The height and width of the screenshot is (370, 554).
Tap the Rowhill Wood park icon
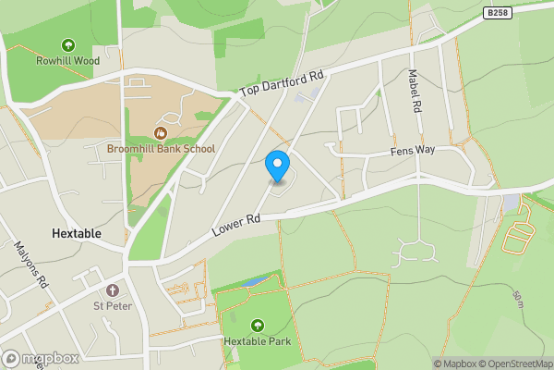67,45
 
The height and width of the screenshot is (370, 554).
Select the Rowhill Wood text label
67,62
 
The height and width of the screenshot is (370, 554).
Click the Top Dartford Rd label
282,85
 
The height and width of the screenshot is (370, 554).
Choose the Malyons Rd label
30,265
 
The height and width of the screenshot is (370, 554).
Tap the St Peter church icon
113,290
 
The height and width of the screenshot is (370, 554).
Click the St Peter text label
113,306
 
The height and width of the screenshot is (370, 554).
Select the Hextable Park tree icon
257,325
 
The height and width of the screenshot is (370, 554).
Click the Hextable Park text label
257,341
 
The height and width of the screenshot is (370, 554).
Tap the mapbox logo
41,358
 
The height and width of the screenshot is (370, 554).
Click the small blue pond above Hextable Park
256,280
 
